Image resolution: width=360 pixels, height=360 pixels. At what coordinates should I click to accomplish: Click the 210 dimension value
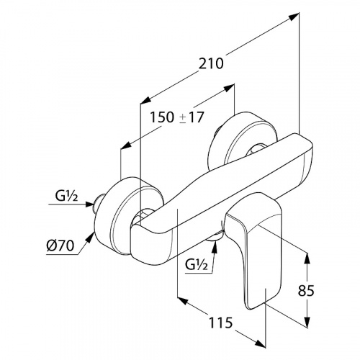[211, 63]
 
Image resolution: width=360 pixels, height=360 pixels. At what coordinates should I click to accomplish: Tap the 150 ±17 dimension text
[177, 117]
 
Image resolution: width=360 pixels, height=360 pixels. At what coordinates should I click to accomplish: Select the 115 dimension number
[221, 323]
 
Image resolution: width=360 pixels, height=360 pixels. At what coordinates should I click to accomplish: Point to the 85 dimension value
[306, 291]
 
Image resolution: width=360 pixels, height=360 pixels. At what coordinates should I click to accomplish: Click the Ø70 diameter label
[60, 246]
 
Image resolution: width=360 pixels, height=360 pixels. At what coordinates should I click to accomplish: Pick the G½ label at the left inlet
[66, 196]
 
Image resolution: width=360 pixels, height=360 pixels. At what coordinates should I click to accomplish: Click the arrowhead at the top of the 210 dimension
[294, 17]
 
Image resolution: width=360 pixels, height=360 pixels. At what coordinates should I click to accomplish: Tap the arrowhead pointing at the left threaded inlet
[89, 204]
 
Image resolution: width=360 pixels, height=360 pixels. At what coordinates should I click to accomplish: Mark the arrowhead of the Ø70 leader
[90, 236]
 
